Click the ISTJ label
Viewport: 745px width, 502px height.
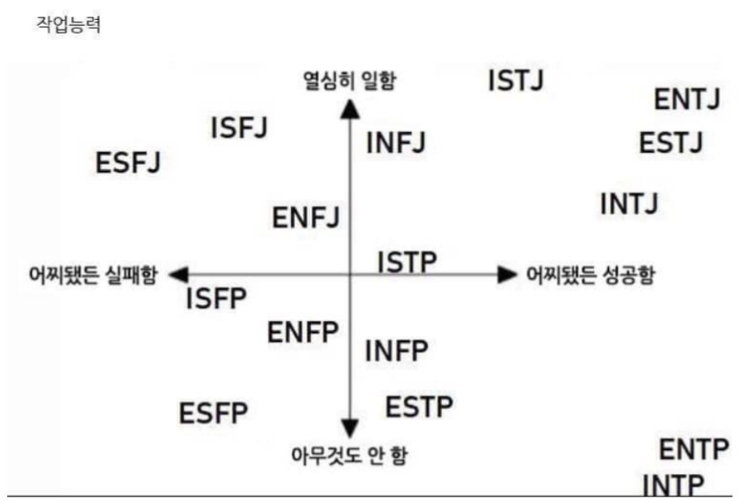click(x=516, y=81)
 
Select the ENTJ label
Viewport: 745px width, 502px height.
click(x=687, y=100)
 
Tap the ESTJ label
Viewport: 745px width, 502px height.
click(x=671, y=144)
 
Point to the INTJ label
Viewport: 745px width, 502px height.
click(x=629, y=204)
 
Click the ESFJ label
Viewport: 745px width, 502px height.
click(x=128, y=163)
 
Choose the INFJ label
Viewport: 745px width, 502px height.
click(x=396, y=144)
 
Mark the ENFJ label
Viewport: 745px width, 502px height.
click(x=306, y=217)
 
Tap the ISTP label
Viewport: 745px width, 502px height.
click(x=408, y=261)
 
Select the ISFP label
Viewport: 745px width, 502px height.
click(x=217, y=300)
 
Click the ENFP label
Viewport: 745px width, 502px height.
click(x=303, y=332)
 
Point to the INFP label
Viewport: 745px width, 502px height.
click(x=396, y=350)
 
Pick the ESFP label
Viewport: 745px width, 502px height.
click(x=213, y=414)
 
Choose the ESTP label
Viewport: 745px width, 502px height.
click(x=419, y=407)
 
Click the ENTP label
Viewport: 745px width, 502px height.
click(x=694, y=450)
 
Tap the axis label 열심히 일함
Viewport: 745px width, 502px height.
click(x=349, y=81)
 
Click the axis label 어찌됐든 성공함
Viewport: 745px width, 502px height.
click(x=591, y=275)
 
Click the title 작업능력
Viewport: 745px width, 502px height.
click(x=68, y=25)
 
